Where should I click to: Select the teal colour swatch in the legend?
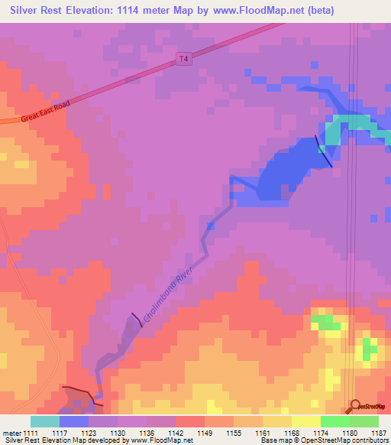[x=44, y=421]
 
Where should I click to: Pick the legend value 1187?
[x=379, y=434]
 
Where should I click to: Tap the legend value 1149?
[x=205, y=434]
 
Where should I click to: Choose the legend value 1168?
[x=292, y=434]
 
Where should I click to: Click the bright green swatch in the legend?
[x=334, y=421]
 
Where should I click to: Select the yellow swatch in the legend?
[x=305, y=421]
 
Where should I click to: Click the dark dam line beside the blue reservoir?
[x=324, y=151]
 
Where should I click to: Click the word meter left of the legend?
[x=13, y=434]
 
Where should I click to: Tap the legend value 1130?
[x=118, y=434]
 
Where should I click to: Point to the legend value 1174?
[x=321, y=434]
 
